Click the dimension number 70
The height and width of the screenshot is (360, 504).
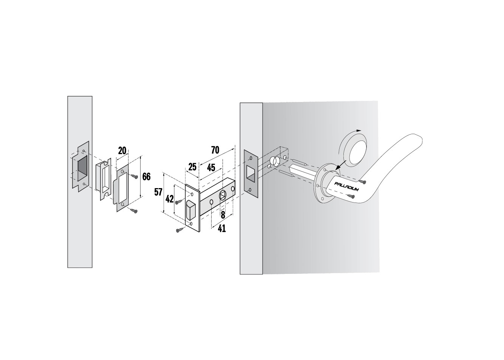[215, 150]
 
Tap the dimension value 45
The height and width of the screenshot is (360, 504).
[211, 168]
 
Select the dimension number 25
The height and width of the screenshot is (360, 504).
[192, 167]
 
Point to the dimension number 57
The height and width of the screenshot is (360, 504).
[158, 192]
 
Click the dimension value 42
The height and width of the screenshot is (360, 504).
[169, 199]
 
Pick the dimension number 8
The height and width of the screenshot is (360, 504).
[223, 215]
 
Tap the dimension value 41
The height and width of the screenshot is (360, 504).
[222, 229]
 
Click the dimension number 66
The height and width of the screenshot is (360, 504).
[147, 177]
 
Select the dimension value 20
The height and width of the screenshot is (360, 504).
[122, 150]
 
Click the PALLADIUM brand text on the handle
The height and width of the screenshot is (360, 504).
[346, 187]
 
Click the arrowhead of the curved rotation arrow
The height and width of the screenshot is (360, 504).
[359, 130]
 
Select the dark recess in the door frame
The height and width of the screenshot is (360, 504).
[82, 169]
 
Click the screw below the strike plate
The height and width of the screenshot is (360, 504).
[134, 211]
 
